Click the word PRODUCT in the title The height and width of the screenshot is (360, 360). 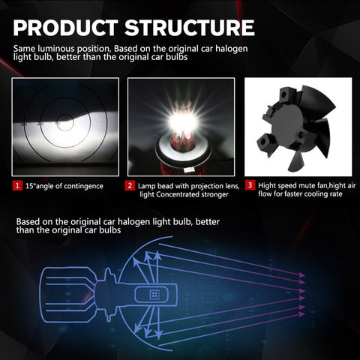66,28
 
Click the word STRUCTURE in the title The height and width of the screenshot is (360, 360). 190,28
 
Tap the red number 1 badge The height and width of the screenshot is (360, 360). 17,186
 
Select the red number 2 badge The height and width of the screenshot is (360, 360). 130,186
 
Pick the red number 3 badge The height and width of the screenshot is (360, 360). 250,185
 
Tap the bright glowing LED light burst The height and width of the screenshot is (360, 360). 183,121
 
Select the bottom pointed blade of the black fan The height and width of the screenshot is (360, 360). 295,162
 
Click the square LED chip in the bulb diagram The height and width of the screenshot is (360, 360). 154,295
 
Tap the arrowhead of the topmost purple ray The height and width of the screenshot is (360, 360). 301,275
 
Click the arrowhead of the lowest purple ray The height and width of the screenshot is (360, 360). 301,314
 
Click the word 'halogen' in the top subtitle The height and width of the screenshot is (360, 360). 232,49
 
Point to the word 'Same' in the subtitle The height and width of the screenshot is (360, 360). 23,49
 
